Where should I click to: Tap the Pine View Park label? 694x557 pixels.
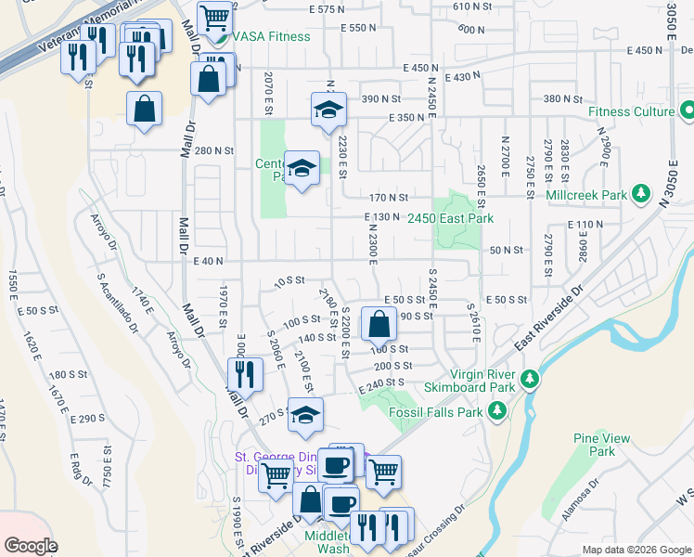[x=601, y=445]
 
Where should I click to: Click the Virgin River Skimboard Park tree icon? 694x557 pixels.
[x=529, y=378]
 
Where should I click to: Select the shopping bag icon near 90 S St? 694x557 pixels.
[x=379, y=325]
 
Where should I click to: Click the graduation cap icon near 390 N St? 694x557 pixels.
[x=328, y=110]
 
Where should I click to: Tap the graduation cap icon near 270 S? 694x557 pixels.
[x=305, y=416]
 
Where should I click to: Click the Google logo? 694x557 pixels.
[x=31, y=546]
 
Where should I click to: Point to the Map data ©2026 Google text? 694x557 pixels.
[x=636, y=549]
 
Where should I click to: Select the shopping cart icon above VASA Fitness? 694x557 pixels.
[x=214, y=18]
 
